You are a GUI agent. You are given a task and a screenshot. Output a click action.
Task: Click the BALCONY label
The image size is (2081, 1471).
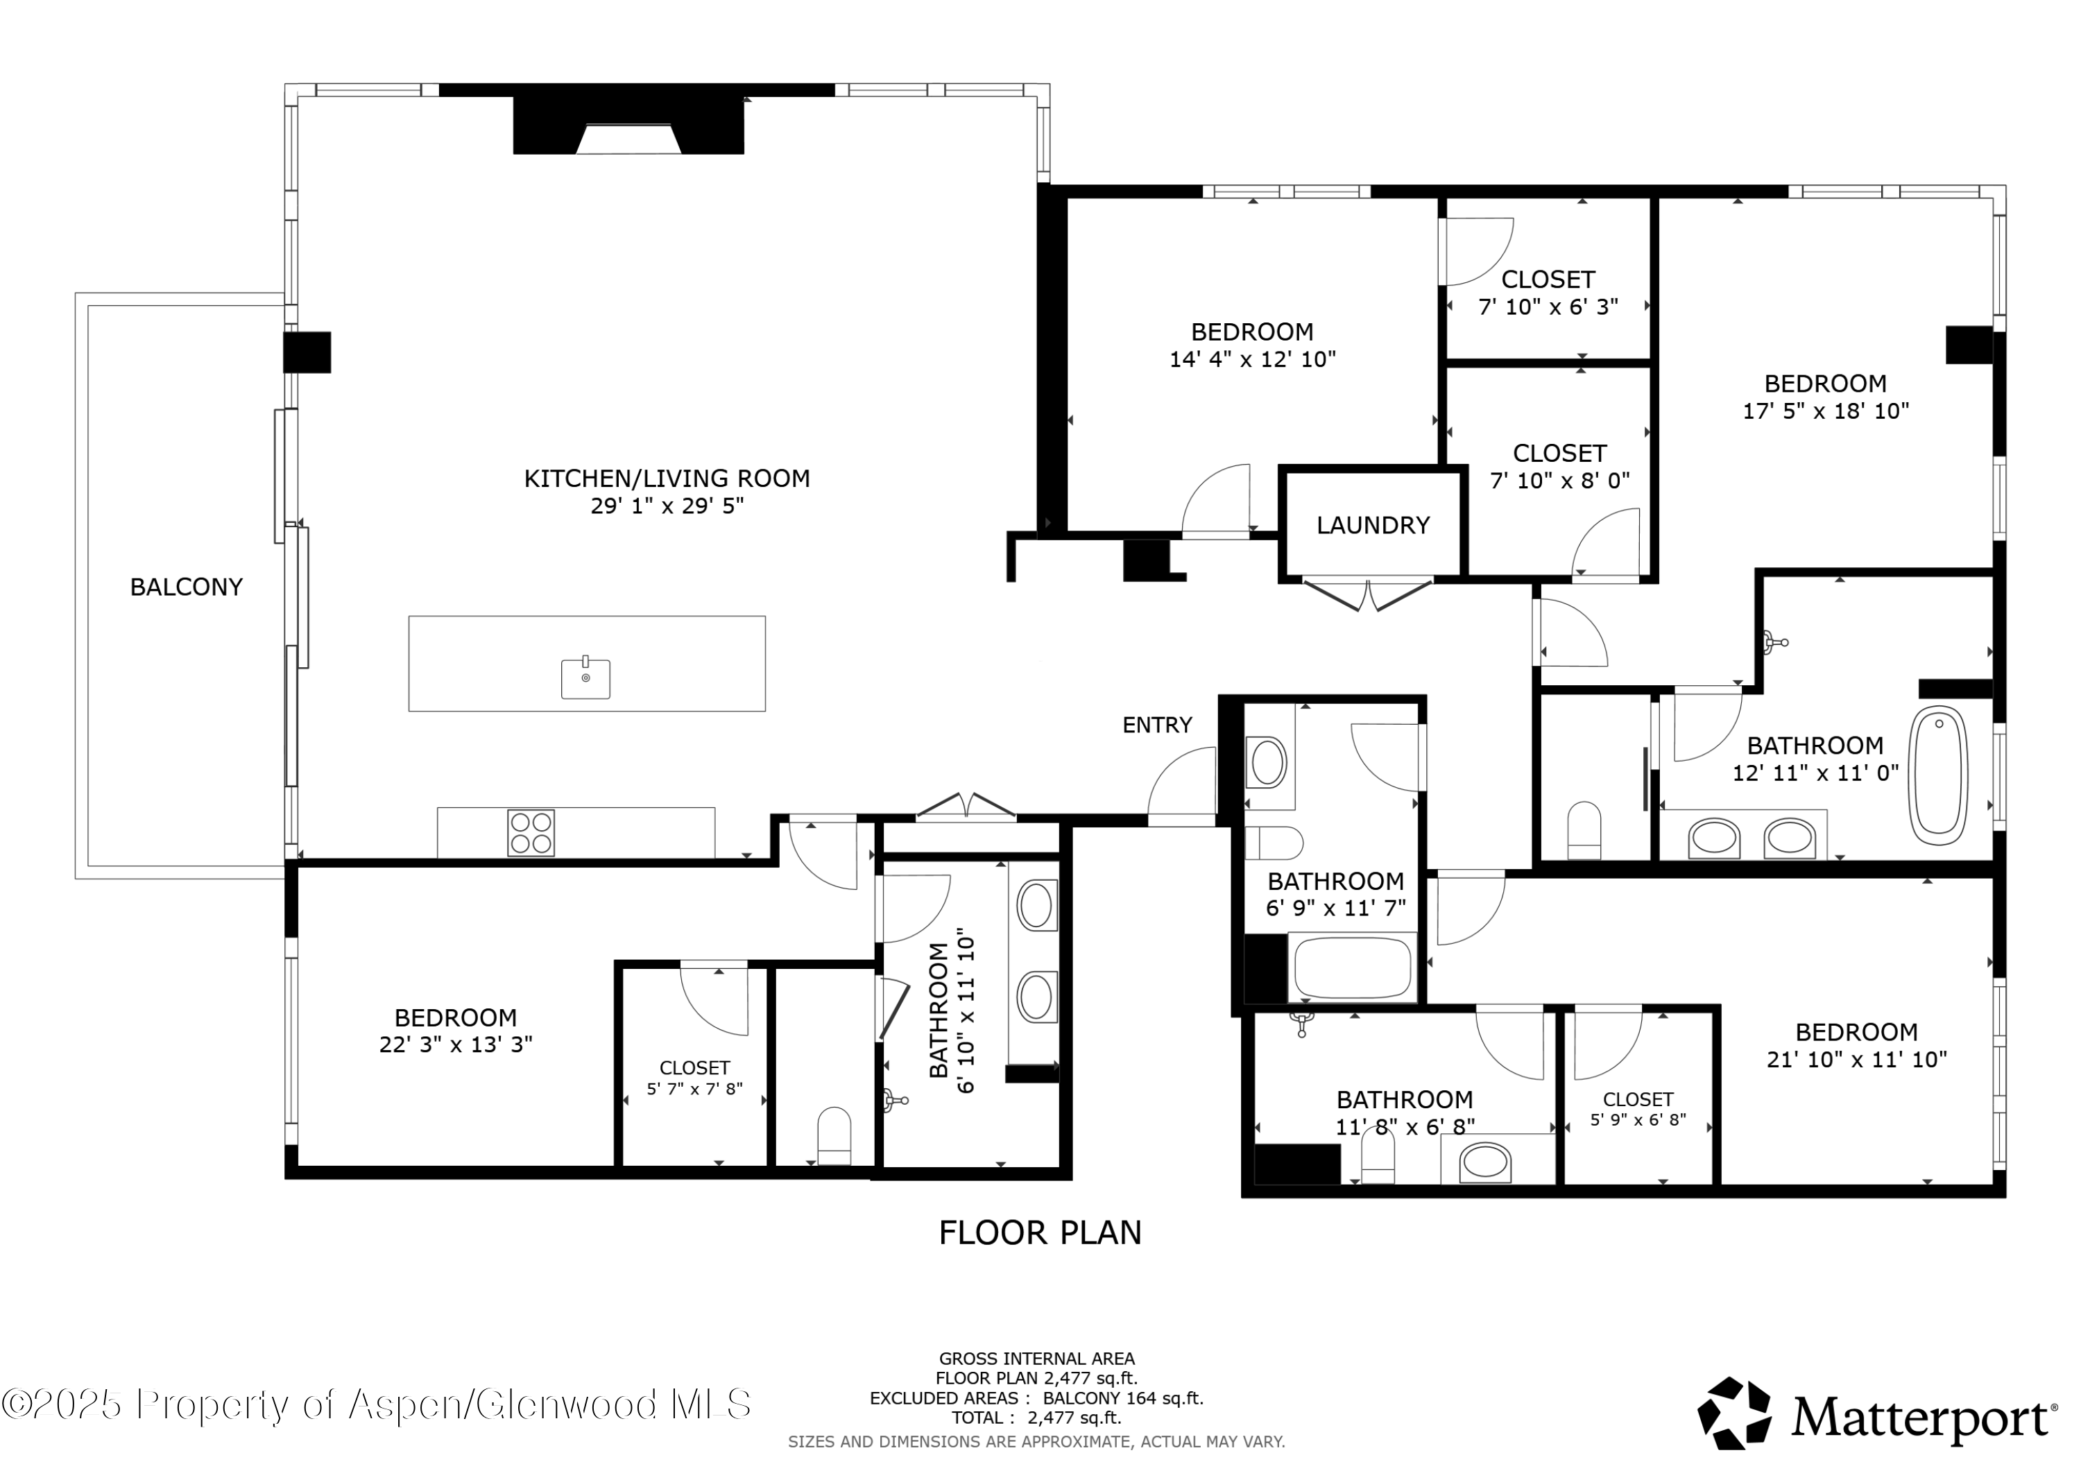click(187, 587)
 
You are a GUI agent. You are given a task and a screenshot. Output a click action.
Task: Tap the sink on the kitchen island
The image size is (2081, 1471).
click(585, 679)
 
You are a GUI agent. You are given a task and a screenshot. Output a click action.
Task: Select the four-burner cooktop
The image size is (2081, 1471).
click(531, 833)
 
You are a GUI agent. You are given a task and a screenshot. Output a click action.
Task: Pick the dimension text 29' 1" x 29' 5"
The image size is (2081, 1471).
click(667, 506)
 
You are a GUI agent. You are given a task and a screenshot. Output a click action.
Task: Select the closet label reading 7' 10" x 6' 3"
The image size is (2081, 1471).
click(1548, 307)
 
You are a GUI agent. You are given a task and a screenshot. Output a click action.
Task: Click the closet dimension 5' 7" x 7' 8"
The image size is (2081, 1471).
click(694, 1089)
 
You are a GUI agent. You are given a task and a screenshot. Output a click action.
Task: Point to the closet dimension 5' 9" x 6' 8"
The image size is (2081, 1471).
click(1638, 1119)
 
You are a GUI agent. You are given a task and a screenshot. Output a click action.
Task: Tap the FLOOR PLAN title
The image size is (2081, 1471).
click(1040, 1232)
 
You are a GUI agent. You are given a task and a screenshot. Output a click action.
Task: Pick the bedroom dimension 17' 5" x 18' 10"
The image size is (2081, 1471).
click(1826, 411)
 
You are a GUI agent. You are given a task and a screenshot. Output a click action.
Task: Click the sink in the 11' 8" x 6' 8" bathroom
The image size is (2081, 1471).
click(1484, 1161)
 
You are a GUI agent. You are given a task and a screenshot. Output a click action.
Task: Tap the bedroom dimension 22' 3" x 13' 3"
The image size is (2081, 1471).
click(455, 1045)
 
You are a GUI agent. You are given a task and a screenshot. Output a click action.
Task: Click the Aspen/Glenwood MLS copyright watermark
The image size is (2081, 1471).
click(376, 1404)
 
